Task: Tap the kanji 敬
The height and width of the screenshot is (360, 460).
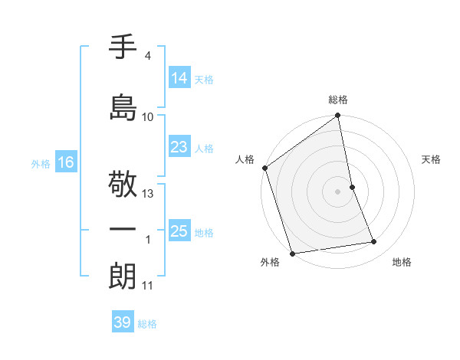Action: coord(123,185)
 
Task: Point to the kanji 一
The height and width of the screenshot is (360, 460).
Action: coord(123,229)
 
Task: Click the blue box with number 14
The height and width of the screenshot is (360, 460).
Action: coord(179,78)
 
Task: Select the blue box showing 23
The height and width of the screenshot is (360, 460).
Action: coord(179,147)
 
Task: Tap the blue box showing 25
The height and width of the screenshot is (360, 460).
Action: coord(179,231)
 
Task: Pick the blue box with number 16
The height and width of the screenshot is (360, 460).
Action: coord(65,162)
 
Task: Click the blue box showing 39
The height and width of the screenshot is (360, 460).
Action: coord(123,322)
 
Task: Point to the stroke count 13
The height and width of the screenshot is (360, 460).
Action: coord(148,194)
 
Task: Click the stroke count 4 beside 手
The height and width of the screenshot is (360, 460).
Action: coord(147,56)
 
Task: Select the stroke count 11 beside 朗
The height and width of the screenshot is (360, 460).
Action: coord(147,286)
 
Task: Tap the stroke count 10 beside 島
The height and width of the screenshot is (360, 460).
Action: coord(148,116)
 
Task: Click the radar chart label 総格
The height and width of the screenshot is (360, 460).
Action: coord(338,100)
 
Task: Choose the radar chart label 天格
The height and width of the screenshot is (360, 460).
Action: coord(432,159)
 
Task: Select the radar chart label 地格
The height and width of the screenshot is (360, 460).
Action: coord(402,262)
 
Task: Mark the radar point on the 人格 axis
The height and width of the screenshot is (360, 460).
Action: coord(264,168)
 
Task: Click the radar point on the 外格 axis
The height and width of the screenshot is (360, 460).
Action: coord(291,253)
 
